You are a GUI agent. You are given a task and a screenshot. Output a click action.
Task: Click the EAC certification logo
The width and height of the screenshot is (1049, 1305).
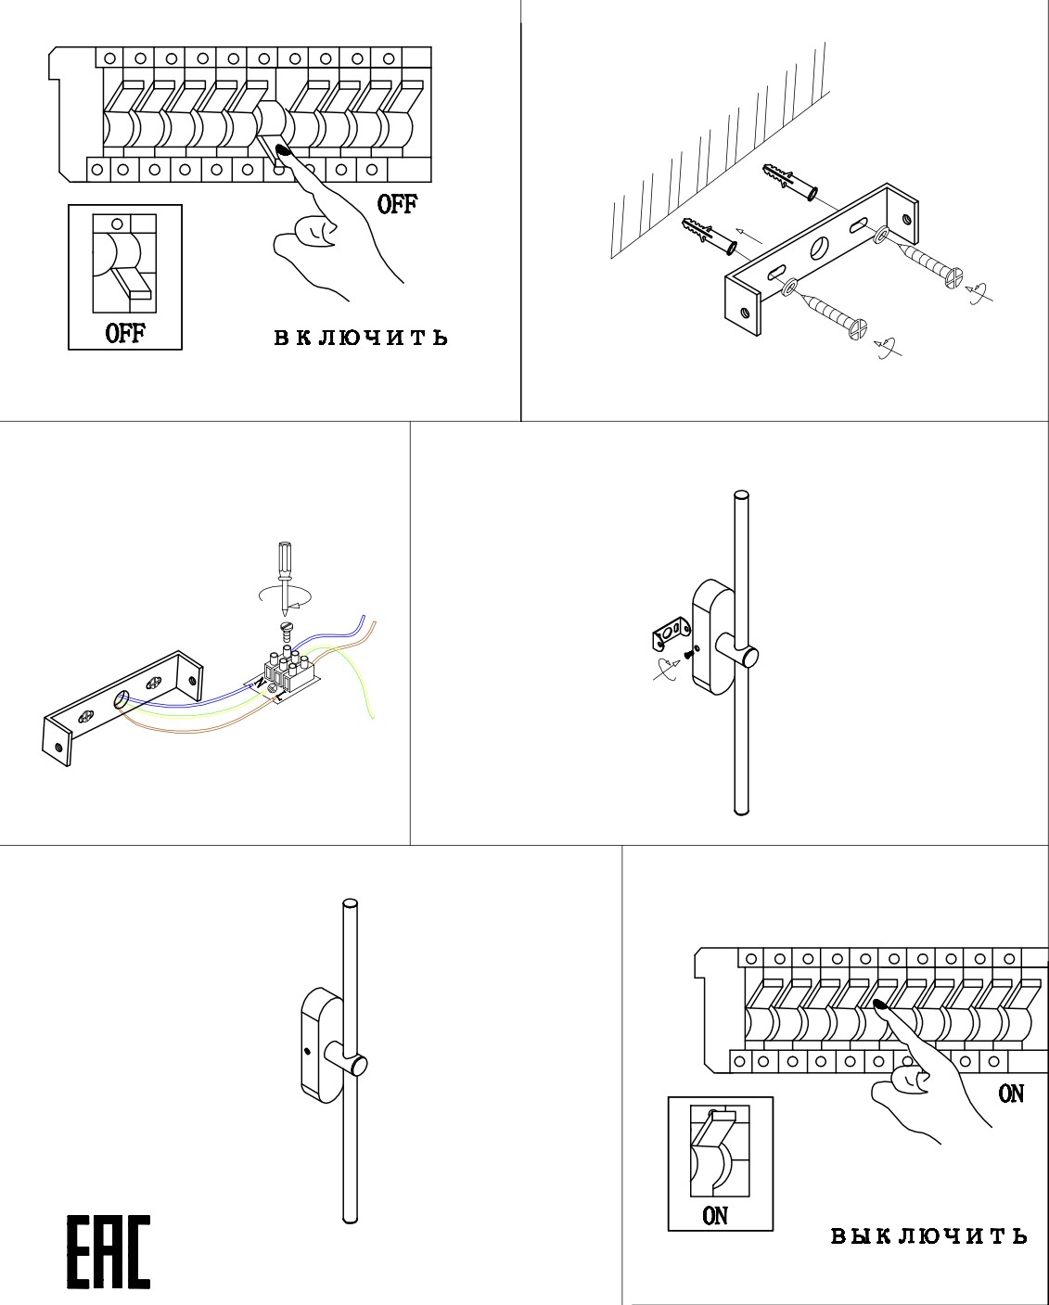[x=108, y=1251]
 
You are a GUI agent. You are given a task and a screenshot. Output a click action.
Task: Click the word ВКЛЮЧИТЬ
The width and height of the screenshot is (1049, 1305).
[x=361, y=338]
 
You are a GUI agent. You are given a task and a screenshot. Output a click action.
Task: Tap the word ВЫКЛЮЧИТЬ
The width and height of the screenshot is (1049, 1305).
[x=928, y=1235]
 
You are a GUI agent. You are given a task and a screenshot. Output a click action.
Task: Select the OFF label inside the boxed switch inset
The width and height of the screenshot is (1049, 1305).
[x=125, y=333]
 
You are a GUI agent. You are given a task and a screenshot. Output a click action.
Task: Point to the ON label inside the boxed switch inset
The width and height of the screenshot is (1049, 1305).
[x=715, y=1215]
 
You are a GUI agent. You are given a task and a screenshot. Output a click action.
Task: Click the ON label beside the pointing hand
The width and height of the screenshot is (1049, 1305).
[x=1011, y=1094]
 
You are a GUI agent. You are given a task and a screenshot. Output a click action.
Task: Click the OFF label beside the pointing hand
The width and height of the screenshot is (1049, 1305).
[x=397, y=204]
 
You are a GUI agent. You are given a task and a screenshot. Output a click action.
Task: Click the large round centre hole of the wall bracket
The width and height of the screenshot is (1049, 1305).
[x=821, y=248]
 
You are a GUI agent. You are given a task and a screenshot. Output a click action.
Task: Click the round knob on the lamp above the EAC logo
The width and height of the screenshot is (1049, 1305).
[x=356, y=1064]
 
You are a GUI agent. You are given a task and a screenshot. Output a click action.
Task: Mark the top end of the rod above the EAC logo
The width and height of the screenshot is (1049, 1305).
[x=350, y=903]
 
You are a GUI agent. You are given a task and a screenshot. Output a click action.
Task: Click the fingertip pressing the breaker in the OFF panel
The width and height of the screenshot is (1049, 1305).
[x=284, y=149]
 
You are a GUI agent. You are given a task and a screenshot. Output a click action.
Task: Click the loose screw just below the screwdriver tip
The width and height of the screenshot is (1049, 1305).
[x=287, y=632]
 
